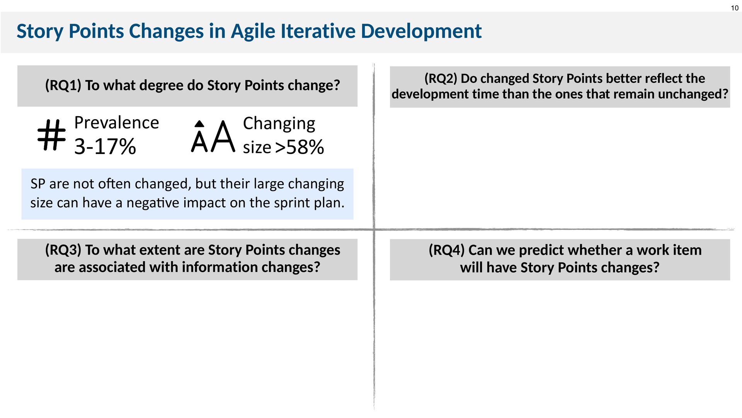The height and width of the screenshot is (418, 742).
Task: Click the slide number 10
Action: [x=734, y=8]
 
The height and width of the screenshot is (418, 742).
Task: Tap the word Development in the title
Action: [x=421, y=31]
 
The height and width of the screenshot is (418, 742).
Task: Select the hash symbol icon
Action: [x=51, y=135]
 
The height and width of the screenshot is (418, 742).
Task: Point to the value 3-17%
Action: [x=105, y=147]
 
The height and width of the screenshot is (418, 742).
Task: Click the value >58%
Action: [x=300, y=147]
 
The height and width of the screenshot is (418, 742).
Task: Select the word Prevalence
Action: [x=117, y=123]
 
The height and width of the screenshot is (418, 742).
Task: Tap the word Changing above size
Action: [x=279, y=124]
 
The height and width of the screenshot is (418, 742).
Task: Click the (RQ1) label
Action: [x=63, y=85]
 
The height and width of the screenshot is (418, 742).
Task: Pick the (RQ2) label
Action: [x=441, y=78]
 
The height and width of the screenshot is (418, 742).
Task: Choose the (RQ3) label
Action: [x=63, y=250]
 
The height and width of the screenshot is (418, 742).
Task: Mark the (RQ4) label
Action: [x=447, y=250]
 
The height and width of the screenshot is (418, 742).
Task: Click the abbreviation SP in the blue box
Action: [x=38, y=183]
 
